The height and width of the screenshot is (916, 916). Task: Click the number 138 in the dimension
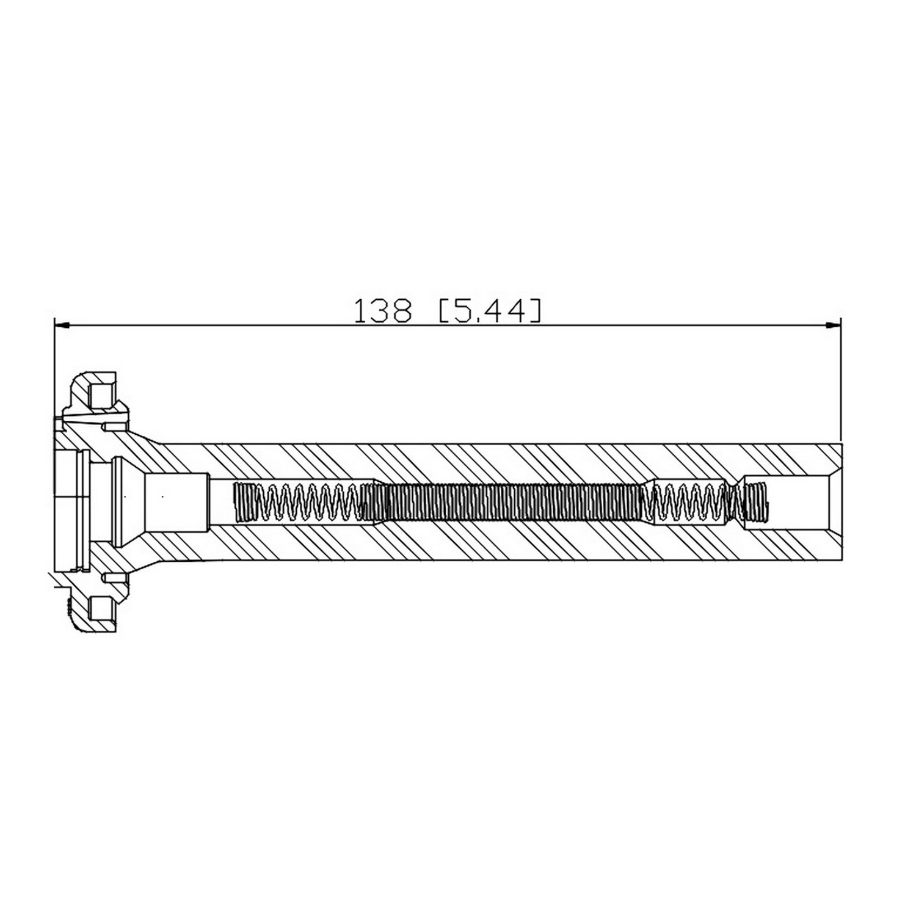pos(382,311)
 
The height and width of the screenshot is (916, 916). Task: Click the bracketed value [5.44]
pos(489,311)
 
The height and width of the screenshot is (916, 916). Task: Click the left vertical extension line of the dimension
pos(54,368)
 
